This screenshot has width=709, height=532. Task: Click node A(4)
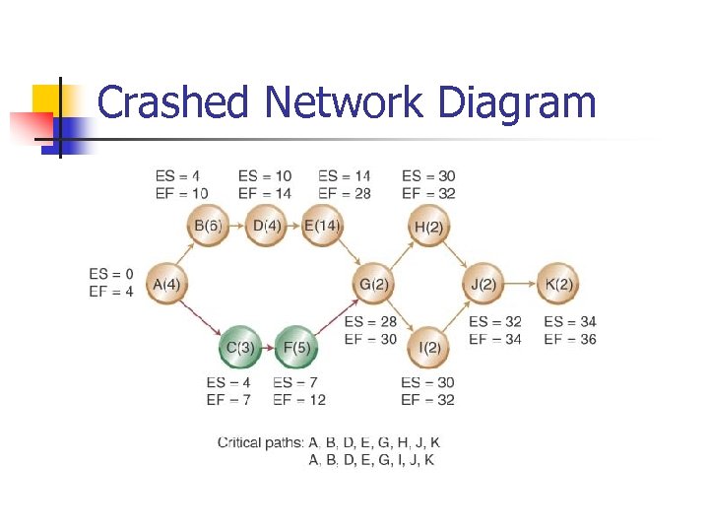tap(166, 285)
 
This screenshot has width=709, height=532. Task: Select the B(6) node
tap(209, 226)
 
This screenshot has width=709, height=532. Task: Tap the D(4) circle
tap(265, 226)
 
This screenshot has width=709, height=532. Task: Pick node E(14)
tap(321, 226)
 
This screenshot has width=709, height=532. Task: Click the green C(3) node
tap(239, 347)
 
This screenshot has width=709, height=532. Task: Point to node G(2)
tap(374, 285)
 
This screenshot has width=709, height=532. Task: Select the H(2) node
tap(427, 226)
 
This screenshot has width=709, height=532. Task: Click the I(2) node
tap(427, 347)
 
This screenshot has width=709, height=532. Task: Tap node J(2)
tap(483, 285)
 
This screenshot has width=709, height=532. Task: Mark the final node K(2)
tap(557, 285)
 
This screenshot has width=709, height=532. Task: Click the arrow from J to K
tap(521, 285)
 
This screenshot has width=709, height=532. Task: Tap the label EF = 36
tap(570, 339)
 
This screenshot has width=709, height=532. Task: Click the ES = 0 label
tap(110, 274)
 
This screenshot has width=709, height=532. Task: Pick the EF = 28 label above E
tap(345, 193)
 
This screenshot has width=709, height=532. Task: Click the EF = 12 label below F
tap(299, 400)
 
